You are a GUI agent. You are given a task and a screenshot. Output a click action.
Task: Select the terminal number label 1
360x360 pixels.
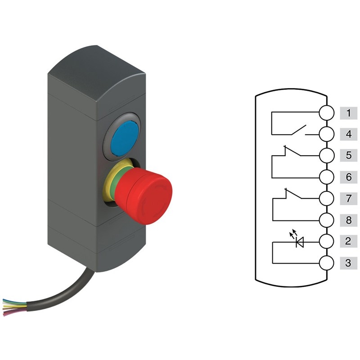tap(348, 113)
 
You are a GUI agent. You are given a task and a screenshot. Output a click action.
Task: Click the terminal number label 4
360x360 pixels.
tap(348, 134)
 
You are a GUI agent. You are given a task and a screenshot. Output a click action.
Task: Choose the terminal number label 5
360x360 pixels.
tap(348, 156)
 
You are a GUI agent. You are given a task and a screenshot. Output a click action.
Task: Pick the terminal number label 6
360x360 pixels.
tap(348, 177)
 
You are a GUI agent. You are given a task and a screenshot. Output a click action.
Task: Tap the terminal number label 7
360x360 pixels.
tap(348, 198)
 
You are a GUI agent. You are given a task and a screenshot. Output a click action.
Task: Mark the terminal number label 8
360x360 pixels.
tap(348, 220)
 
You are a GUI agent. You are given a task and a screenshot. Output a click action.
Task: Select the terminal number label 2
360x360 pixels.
tap(348, 242)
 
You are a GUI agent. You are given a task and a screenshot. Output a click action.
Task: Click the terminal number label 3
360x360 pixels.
tap(348, 263)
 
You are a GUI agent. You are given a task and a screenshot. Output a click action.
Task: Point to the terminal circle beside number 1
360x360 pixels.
tap(327, 113)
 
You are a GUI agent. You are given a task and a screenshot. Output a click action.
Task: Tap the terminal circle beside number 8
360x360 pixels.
tap(327, 220)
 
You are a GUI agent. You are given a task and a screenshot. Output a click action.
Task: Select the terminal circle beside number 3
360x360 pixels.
tap(327, 263)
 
